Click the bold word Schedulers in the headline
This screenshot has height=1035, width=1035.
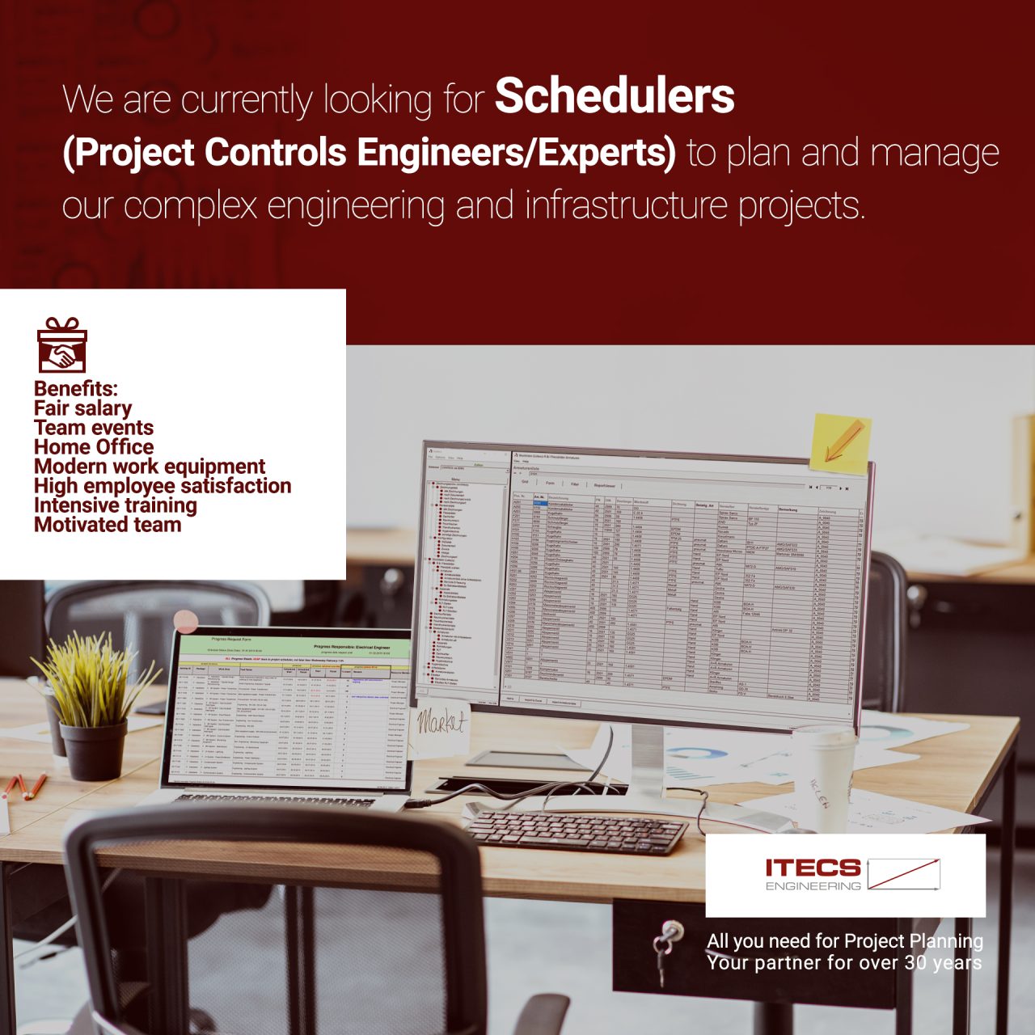pyautogui.click(x=615, y=97)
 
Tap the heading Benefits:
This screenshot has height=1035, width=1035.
pyautogui.click(x=76, y=388)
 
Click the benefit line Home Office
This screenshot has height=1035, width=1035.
pyautogui.click(x=94, y=447)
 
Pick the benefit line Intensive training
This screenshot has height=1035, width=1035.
pyautogui.click(x=116, y=505)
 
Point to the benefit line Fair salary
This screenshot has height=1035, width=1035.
pyautogui.click(x=82, y=408)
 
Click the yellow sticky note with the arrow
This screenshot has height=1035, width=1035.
pyautogui.click(x=840, y=443)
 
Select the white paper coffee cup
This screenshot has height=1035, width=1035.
pyautogui.click(x=823, y=776)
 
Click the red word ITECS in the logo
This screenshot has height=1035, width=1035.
pyautogui.click(x=813, y=868)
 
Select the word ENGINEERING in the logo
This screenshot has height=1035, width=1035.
pyautogui.click(x=813, y=886)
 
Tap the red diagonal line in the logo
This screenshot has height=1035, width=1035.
pyautogui.click(x=903, y=873)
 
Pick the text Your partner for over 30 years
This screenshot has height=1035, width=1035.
pyautogui.click(x=844, y=963)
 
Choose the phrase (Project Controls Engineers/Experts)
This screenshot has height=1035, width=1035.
pyautogui.click(x=369, y=153)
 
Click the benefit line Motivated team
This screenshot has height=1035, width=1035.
pyautogui.click(x=108, y=525)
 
